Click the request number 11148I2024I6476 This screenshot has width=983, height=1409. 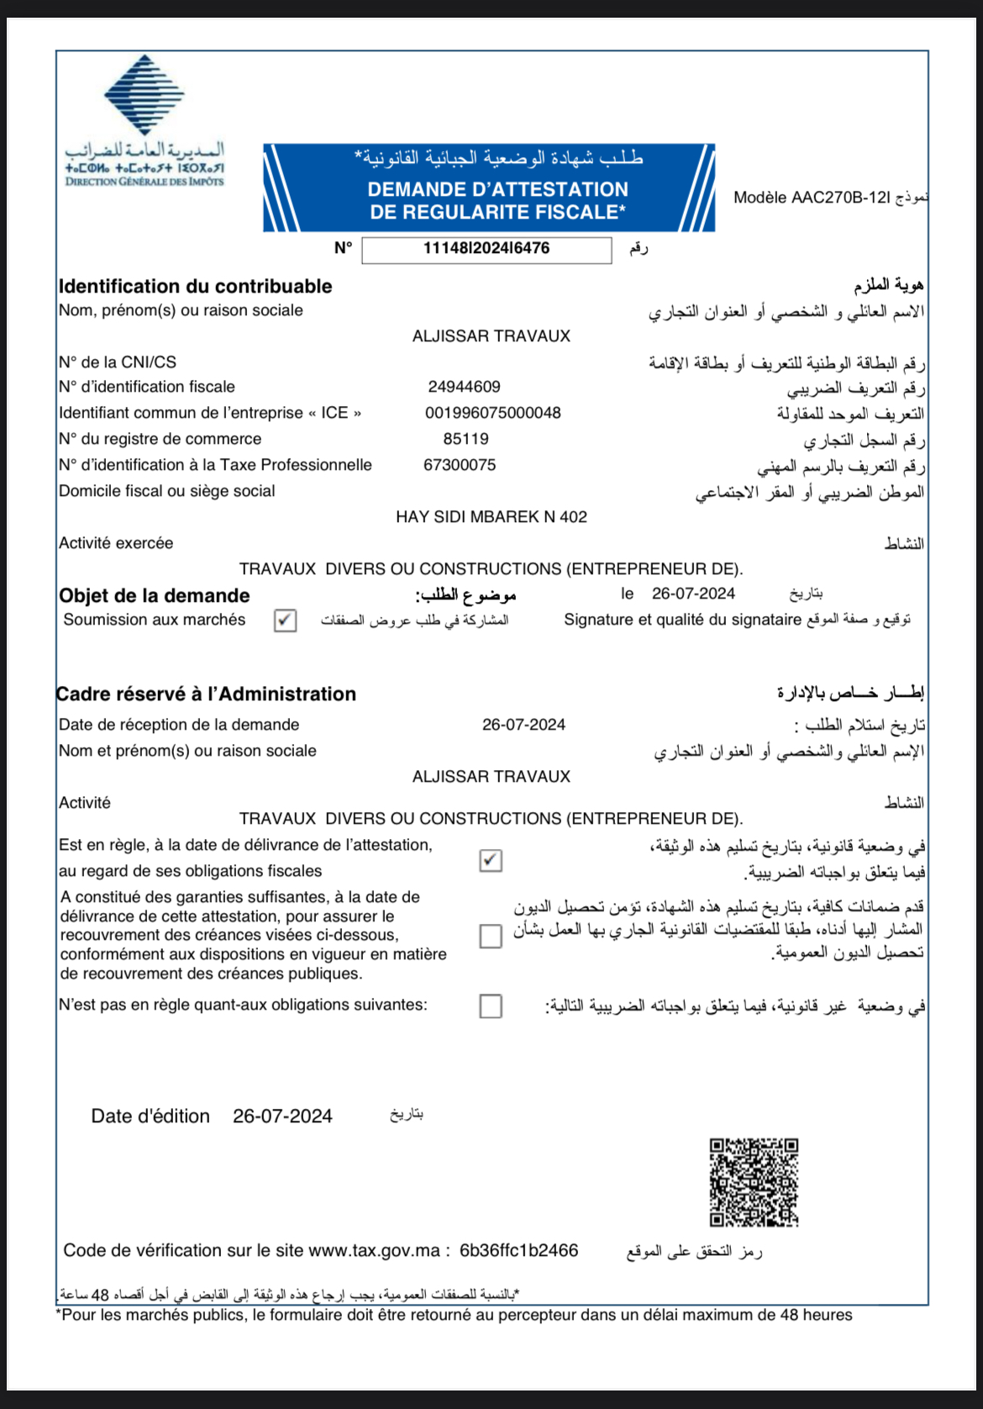486,249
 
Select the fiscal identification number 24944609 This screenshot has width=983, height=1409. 464,387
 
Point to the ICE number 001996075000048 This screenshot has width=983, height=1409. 492,413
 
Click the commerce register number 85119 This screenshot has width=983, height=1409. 465,439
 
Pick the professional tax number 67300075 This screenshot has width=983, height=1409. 460,465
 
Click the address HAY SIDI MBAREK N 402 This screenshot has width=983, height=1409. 491,517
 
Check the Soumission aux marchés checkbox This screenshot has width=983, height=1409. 286,620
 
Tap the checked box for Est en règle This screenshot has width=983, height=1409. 491,860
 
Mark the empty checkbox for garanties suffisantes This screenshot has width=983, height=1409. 491,936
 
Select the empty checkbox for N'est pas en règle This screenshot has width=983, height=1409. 491,1005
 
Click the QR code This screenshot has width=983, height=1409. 754,1182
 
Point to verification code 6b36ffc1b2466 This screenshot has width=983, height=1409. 518,1250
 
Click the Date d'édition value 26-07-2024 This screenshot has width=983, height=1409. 282,1116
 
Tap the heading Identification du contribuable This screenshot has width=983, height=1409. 195,286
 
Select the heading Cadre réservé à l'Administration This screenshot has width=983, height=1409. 207,694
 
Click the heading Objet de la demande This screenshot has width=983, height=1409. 155,595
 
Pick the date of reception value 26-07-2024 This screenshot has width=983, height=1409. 523,725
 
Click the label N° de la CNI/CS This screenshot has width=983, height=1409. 118,362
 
